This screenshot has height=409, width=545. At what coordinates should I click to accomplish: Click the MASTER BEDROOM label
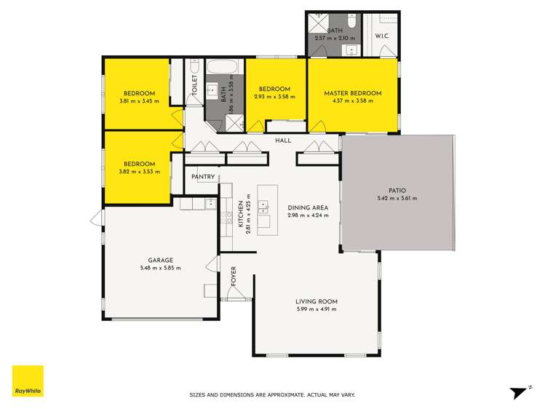(x=353, y=93)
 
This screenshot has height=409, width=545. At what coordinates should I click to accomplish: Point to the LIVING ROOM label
(x=316, y=301)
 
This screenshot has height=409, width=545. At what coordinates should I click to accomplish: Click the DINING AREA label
(x=307, y=207)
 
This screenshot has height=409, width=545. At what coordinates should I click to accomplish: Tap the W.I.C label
(x=382, y=36)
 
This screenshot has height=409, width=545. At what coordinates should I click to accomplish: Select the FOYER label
(x=234, y=277)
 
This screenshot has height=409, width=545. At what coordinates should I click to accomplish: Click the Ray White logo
(x=28, y=381)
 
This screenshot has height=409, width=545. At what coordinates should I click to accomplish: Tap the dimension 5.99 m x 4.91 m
(x=316, y=309)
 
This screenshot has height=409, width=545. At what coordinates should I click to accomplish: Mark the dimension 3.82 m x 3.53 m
(x=139, y=172)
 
